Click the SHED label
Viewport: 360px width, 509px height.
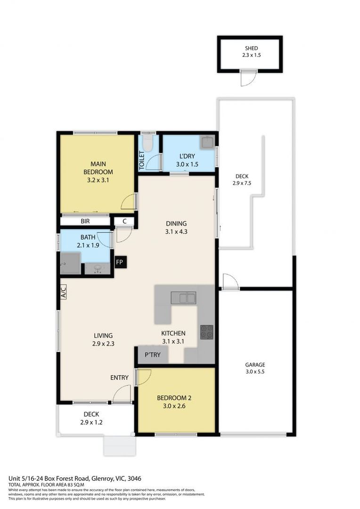[251, 48]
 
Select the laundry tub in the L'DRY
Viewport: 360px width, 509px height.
[207, 142]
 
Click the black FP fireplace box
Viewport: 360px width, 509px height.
[121, 262]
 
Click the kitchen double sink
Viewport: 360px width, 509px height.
[184, 298]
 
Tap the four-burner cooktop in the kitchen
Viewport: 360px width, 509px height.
[206, 332]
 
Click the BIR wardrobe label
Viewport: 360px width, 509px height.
[85, 221]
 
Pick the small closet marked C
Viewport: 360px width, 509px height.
[124, 221]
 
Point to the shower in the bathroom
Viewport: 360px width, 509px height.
[70, 263]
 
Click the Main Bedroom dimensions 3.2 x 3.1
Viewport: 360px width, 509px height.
[98, 180]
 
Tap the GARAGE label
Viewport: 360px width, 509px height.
[255, 364]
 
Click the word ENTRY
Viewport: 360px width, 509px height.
[119, 378]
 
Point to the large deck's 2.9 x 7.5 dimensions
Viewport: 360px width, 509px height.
[242, 183]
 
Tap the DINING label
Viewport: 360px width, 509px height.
[176, 223]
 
